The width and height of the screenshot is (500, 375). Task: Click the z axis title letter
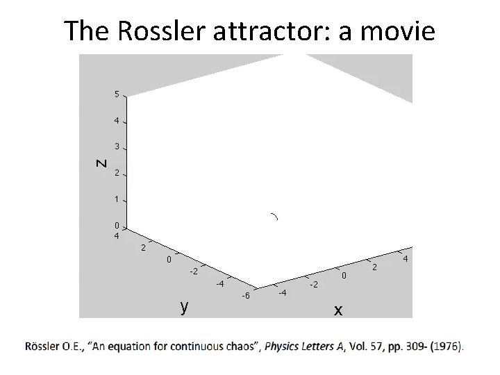(x=101, y=163)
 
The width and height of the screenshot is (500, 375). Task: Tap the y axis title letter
(x=183, y=306)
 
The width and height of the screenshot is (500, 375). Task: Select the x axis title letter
(x=337, y=310)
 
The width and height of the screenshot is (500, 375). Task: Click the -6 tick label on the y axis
(x=245, y=297)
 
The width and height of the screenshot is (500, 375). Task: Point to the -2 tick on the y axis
(x=194, y=271)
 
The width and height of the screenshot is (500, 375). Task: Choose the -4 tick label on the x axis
(x=283, y=293)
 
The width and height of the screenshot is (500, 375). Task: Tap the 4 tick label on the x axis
(x=405, y=259)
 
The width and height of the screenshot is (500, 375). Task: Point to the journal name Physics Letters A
(x=304, y=345)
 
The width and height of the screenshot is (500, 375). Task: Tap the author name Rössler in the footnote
(x=44, y=345)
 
